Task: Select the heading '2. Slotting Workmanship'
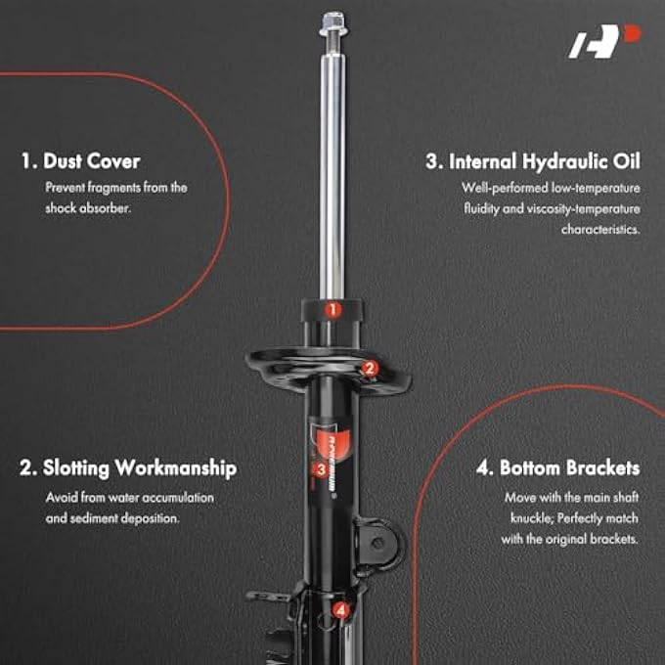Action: (x=127, y=468)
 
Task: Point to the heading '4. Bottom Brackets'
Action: (x=557, y=468)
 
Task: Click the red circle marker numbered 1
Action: (x=332, y=310)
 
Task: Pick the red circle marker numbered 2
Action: (x=369, y=369)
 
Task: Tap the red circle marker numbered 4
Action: (x=340, y=610)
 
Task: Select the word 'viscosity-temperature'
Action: (x=580, y=208)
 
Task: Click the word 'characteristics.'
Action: (x=600, y=230)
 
